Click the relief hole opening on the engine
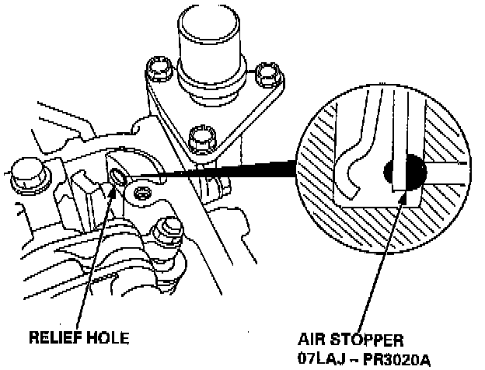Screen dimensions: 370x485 point(118,176)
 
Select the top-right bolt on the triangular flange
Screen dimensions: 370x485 point(267,75)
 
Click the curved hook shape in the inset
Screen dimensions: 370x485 point(354,168)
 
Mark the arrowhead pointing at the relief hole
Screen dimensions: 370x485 point(117,187)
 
